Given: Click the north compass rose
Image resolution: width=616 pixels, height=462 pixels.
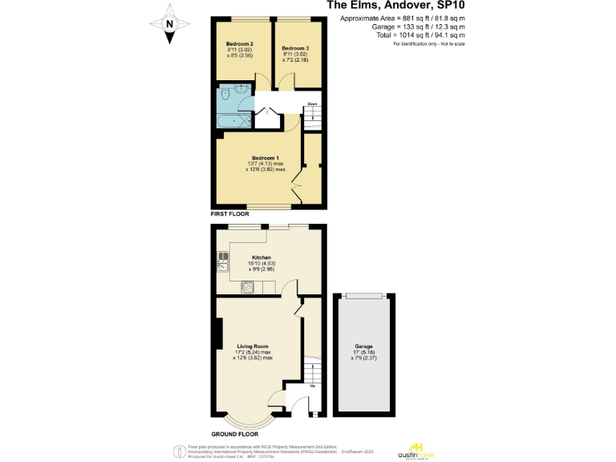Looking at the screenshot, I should click(x=169, y=23).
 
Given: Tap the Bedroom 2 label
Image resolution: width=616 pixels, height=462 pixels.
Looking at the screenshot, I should click(x=239, y=43).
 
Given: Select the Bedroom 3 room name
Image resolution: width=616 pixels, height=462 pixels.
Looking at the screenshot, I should click(x=295, y=48).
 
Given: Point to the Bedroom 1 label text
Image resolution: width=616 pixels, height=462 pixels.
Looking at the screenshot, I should click(x=265, y=157).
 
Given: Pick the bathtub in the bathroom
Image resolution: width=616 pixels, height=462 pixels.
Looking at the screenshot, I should click(x=234, y=120).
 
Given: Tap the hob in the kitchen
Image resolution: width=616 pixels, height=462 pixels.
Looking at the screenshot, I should click(x=248, y=288).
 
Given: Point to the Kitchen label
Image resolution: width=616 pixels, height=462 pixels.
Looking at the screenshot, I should click(x=261, y=257).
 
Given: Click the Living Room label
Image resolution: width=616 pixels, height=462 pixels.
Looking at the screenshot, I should click(x=253, y=346).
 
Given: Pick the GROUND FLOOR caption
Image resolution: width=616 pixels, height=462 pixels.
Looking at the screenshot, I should click(x=235, y=433).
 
